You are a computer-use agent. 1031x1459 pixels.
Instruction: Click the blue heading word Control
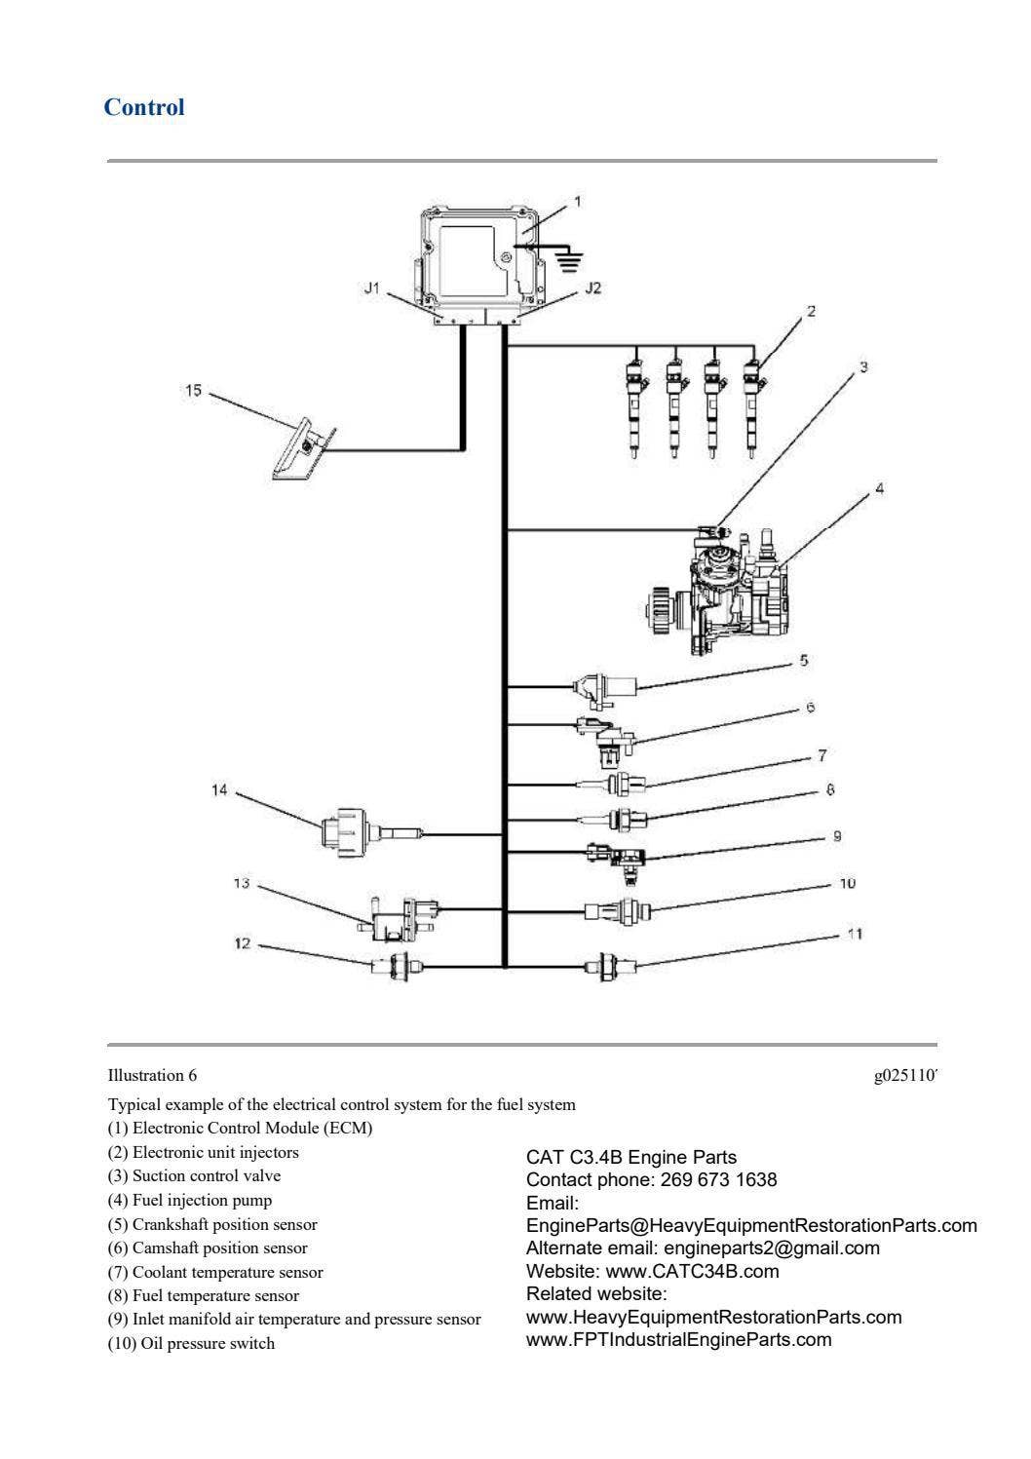[x=143, y=107]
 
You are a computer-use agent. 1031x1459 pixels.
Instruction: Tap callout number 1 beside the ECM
[x=577, y=202]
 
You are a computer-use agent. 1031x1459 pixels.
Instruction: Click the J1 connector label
[x=370, y=288]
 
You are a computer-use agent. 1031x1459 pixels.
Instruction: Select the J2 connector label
[x=592, y=288]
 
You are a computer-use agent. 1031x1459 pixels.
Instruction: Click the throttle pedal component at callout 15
[x=302, y=449]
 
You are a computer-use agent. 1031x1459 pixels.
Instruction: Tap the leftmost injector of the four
[x=634, y=403]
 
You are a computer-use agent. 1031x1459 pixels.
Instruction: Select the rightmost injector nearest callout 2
[x=751, y=403]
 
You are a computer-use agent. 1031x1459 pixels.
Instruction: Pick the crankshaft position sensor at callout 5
[x=604, y=687]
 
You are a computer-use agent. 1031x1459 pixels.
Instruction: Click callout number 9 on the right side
[x=837, y=836]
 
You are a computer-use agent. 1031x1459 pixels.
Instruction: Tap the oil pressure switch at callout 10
[x=619, y=911]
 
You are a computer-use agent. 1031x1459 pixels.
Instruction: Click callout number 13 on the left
[x=241, y=884]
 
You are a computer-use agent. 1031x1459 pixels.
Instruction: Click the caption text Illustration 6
[x=152, y=1076]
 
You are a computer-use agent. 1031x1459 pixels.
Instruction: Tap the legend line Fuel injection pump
[x=190, y=1200]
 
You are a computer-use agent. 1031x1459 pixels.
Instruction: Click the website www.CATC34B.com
[x=692, y=1271]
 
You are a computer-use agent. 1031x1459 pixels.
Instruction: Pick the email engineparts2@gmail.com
[x=771, y=1248]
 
